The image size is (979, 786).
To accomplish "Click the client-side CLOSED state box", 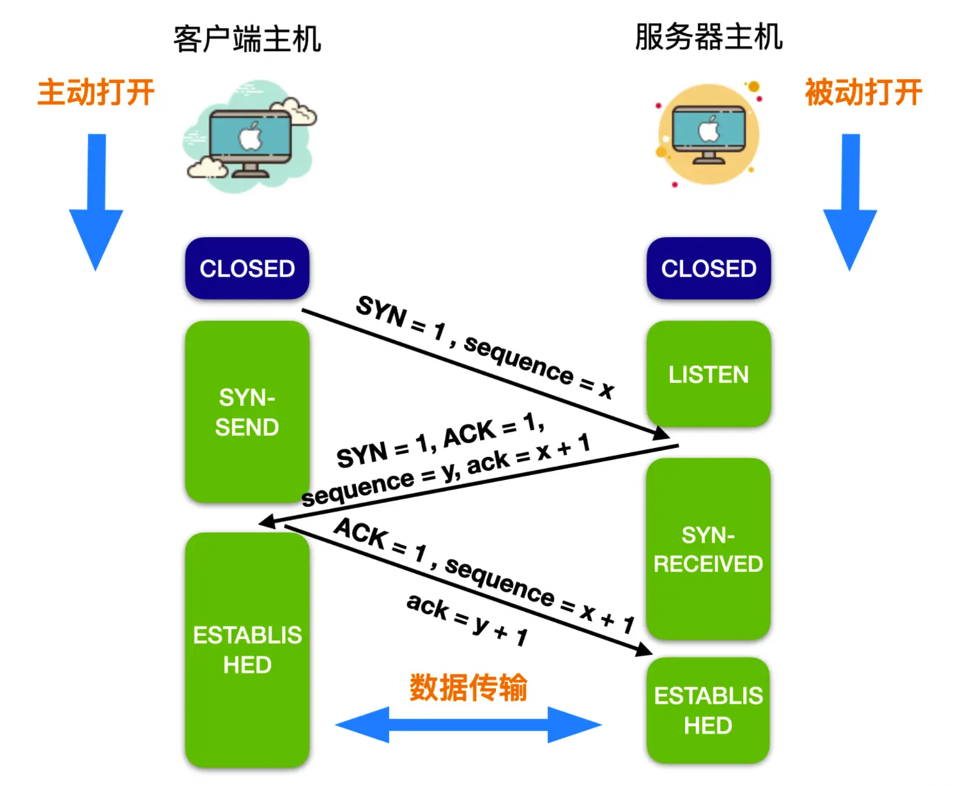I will point(247,268).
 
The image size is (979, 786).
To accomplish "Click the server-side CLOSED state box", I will point(709,268).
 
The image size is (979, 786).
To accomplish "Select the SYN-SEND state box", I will point(247,412).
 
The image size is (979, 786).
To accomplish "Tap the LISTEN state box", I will point(709,374).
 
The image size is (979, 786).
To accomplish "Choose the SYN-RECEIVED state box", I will point(708,550).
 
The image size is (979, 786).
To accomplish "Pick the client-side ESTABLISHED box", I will point(247,650).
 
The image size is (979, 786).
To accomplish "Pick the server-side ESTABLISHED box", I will point(708,711).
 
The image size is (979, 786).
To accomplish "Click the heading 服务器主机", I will point(709,36).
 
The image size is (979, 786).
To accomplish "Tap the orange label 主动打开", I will point(96,93).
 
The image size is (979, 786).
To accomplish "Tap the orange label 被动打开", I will point(863,93).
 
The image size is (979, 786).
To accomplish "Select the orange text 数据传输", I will point(468,688).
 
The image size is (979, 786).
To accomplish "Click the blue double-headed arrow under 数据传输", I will point(468,725).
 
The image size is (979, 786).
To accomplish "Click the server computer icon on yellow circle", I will point(709,134).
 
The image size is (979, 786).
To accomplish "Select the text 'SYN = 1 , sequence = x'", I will point(484,346).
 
